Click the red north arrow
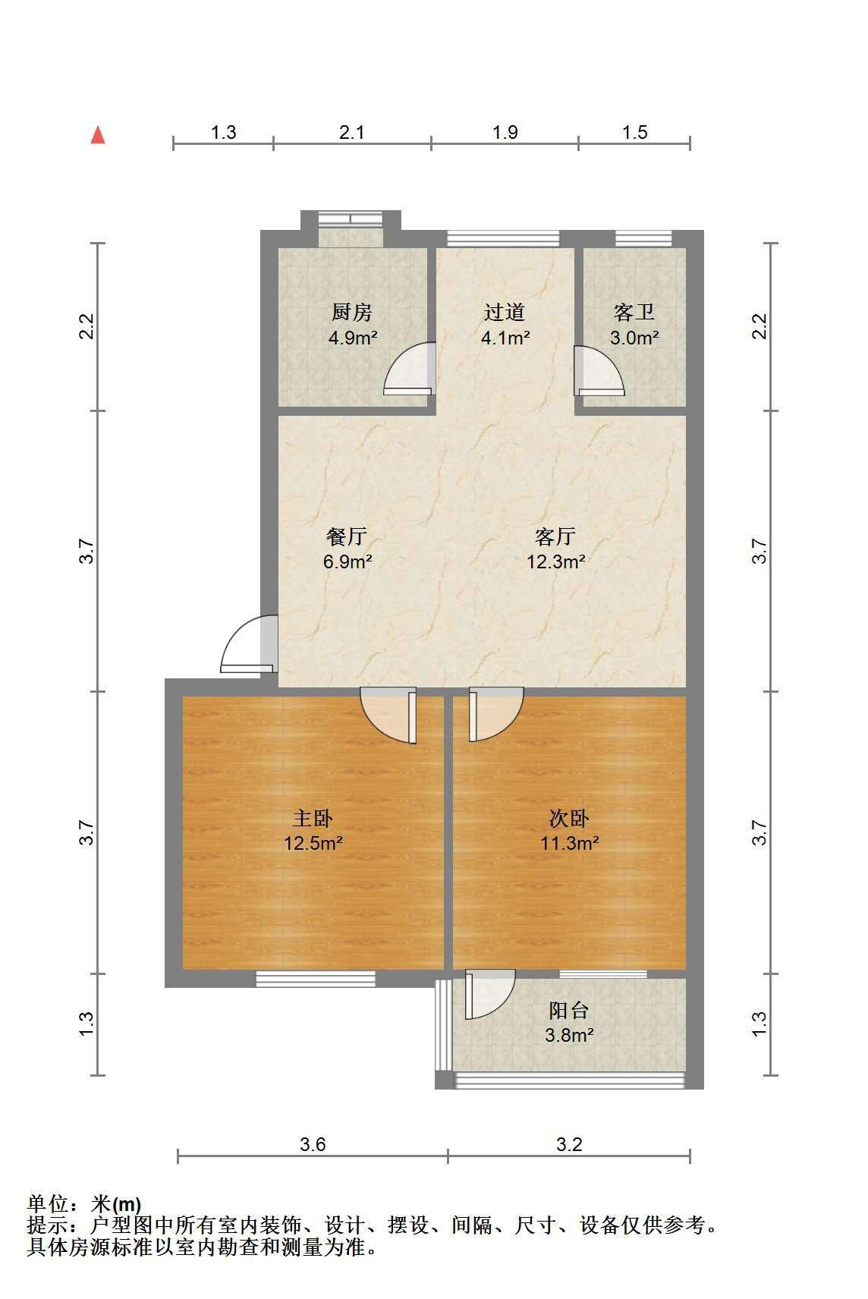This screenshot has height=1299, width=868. (x=98, y=135)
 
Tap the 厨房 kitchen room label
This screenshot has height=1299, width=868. (x=351, y=312)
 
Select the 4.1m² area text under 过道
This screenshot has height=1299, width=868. (x=505, y=337)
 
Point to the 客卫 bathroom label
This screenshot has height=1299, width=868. (x=634, y=312)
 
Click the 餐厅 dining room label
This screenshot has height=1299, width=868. (x=347, y=536)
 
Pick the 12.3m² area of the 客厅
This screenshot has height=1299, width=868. (x=555, y=561)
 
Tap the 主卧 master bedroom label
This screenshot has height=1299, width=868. (x=313, y=818)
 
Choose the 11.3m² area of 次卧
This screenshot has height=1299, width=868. (x=569, y=843)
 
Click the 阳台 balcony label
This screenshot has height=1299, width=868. (x=569, y=1010)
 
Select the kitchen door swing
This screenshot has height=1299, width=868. (x=410, y=369)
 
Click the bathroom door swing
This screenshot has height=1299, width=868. (x=599, y=370)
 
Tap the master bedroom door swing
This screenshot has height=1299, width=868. (x=388, y=715)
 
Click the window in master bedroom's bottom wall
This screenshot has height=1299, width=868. (x=316, y=979)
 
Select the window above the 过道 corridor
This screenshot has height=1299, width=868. (x=503, y=238)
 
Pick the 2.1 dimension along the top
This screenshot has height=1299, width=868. (x=351, y=132)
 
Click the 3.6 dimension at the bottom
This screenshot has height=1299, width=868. (x=313, y=1144)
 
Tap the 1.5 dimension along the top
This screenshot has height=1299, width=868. (x=634, y=132)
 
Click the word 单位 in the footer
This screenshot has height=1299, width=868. (x=48, y=1204)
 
